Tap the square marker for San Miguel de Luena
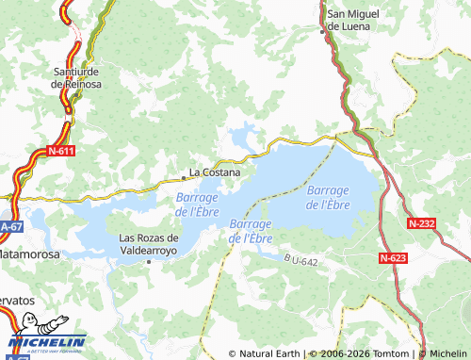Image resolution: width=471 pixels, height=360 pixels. pos(323,30)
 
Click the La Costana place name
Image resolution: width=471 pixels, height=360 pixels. pos(215,172)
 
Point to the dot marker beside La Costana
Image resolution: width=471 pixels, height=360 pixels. pos(184,176)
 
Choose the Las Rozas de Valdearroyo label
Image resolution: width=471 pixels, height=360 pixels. pos(148,244)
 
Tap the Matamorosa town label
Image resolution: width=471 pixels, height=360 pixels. pos(30,255)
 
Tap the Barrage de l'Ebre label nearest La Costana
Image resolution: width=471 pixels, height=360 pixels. pos(198,205)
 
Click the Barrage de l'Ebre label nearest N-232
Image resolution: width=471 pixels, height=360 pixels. pos(328,197)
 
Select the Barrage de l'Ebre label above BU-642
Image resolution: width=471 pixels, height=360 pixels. pos(251,231)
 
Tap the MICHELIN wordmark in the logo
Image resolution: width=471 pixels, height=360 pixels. pos(46,342)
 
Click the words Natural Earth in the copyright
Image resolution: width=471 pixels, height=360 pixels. pos(270,353)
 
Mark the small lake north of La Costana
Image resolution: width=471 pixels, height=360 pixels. pos(243,134)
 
